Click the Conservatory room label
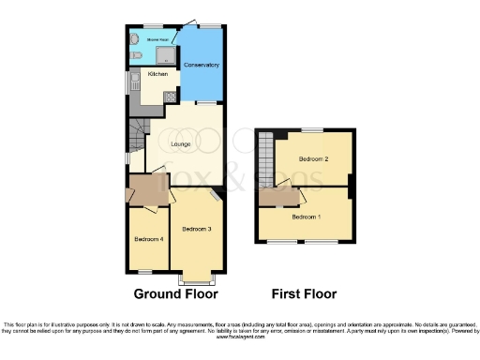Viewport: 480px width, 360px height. [202, 65]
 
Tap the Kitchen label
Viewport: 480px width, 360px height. [157, 73]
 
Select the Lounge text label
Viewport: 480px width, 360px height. [180, 143]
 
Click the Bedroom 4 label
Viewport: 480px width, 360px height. [148, 239]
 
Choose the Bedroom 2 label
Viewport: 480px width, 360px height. [313, 159]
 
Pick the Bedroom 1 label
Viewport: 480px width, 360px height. [306, 217]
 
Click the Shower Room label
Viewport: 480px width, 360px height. [157, 40]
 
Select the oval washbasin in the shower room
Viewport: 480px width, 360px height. [133, 39]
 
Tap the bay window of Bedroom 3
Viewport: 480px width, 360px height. [196, 279]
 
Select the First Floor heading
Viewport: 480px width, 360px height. [304, 293]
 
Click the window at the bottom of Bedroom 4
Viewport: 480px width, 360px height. [146, 272]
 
